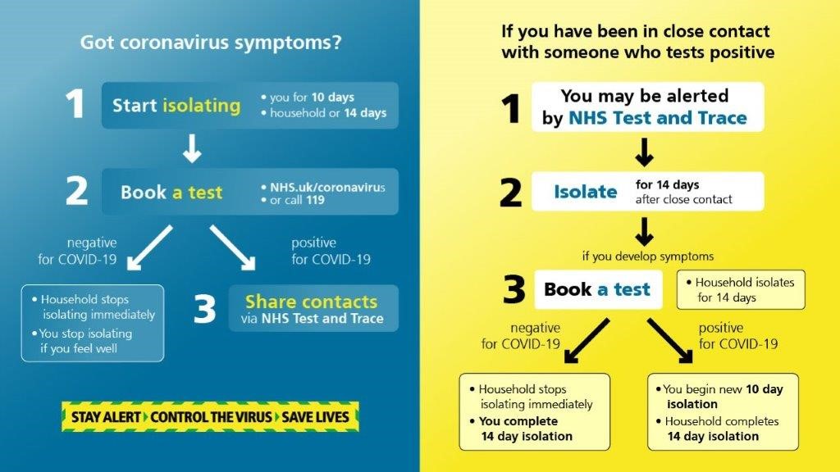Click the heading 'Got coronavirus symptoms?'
(211, 43)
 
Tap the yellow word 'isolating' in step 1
(202, 106)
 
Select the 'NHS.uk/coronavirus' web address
(327, 188)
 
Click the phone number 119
(315, 200)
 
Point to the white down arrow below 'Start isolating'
(192, 148)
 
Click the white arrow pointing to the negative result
(149, 247)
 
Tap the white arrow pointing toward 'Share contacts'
(232, 247)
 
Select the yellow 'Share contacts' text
(311, 302)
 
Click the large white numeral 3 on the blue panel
(204, 309)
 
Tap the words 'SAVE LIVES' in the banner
(315, 417)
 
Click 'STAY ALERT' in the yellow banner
(106, 417)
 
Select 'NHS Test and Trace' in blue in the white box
(657, 118)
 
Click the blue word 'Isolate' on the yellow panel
(586, 192)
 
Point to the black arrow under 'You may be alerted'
(644, 152)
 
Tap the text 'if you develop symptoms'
(648, 256)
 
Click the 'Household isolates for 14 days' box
(741, 289)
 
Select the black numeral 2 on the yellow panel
(510, 193)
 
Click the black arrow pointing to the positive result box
(669, 341)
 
